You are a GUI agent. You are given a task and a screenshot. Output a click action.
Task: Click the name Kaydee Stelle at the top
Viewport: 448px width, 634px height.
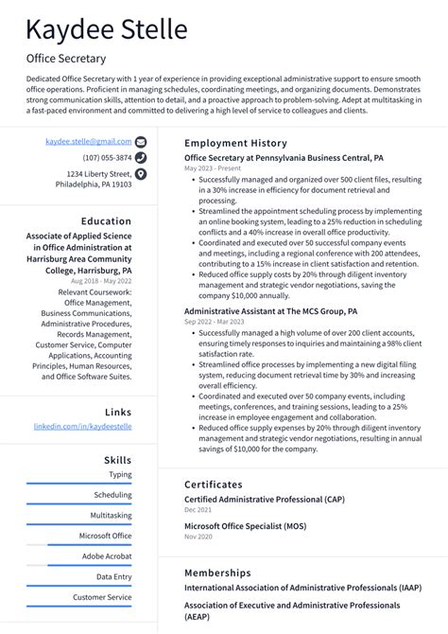tap(107, 30)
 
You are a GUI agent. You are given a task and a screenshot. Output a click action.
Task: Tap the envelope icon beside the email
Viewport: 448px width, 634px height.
tap(141, 141)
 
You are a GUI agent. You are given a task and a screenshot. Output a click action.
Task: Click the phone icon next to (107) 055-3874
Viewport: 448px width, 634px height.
tap(141, 157)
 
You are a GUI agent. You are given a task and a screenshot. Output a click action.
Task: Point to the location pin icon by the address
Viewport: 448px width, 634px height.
tap(141, 174)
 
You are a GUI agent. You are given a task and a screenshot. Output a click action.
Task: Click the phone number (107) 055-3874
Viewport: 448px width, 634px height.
tap(107, 157)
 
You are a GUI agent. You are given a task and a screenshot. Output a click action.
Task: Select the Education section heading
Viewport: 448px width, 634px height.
tap(106, 221)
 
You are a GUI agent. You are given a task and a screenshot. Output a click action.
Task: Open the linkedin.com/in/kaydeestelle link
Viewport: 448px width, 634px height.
tap(83, 427)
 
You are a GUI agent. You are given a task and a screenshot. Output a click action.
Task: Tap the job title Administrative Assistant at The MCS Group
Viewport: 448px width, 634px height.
tap(270, 309)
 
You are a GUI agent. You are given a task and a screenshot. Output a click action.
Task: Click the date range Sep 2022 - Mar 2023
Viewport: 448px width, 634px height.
tap(214, 321)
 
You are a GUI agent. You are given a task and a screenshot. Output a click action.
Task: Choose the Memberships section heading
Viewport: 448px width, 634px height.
tap(217, 572)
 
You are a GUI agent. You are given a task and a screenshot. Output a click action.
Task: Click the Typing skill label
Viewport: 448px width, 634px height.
tap(120, 475)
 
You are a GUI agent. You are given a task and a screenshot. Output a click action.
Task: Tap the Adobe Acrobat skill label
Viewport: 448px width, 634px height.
tap(107, 556)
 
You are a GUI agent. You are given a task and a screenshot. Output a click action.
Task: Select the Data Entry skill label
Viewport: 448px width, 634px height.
tap(114, 576)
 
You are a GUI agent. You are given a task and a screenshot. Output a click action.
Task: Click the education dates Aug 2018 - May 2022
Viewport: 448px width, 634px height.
tap(101, 281)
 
